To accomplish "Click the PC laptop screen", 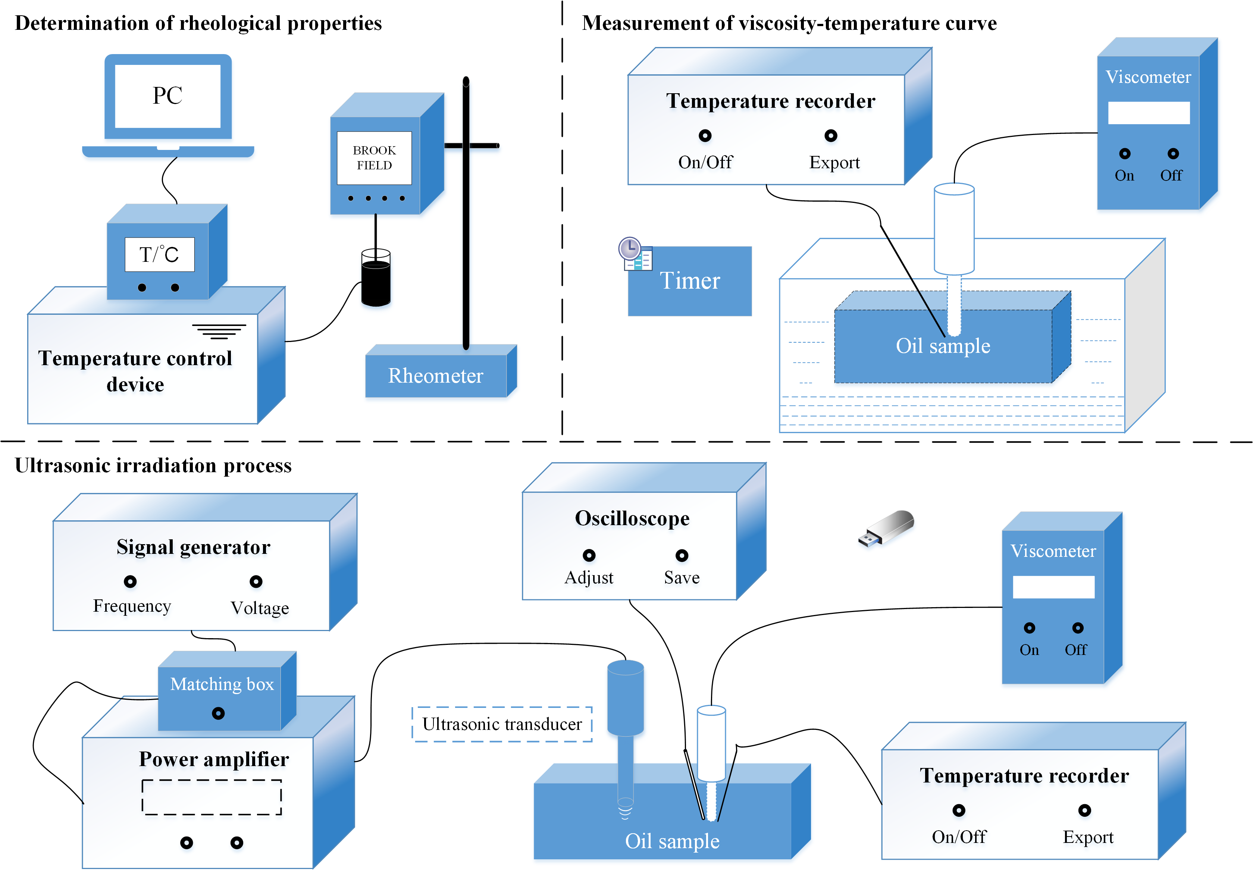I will point(167,96).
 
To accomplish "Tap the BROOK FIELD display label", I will point(375,158).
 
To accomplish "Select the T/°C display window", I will point(159,254).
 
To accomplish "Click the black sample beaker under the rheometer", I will point(376,282).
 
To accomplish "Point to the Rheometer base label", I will point(435,376).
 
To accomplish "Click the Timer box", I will point(690,281).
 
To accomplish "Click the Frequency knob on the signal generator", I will point(130,582).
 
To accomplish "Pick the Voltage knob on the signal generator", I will point(256,582).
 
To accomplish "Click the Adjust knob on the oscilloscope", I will point(589,555).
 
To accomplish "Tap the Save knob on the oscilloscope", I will point(682,555).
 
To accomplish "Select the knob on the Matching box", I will point(218,713).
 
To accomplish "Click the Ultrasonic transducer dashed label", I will point(502,724).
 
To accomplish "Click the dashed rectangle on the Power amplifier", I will point(212,797).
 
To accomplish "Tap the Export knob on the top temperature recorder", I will point(831,136).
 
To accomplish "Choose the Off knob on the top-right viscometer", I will point(1173,154).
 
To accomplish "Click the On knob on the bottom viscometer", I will point(1029,628).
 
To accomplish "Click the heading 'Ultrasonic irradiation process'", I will point(153,465).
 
